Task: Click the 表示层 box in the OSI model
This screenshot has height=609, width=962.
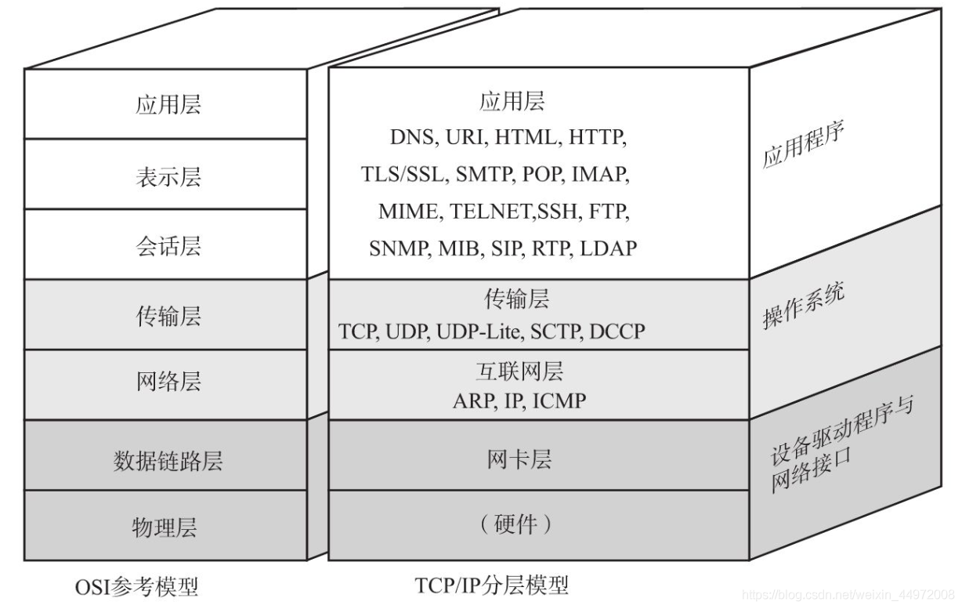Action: point(168,176)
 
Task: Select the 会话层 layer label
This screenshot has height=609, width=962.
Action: point(168,245)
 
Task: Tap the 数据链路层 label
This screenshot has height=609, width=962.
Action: point(168,460)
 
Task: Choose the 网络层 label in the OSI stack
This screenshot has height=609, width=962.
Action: point(168,382)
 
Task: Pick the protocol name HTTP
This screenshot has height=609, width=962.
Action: point(598,137)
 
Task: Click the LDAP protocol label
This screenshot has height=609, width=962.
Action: point(609,248)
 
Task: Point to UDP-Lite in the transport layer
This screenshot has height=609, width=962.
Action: point(478,332)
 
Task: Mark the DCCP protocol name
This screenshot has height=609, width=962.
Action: point(617,332)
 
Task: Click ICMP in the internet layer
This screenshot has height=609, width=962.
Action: point(559,401)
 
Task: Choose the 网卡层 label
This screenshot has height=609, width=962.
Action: point(519,460)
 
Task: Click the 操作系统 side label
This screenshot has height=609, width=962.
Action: point(803,306)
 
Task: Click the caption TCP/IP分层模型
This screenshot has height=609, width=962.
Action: point(491,585)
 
